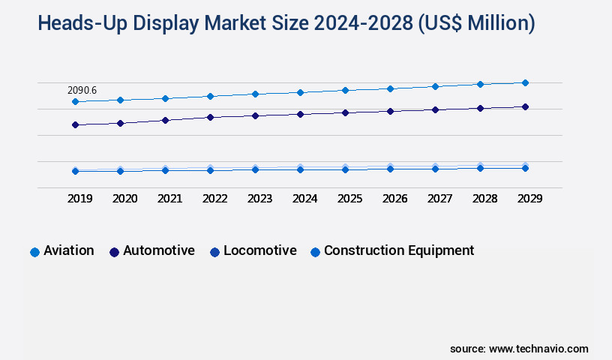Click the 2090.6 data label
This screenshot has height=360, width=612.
82,90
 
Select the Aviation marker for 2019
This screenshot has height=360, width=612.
75,101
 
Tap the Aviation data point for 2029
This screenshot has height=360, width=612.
525,82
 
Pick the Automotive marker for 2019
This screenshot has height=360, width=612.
75,124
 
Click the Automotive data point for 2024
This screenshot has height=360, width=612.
300,114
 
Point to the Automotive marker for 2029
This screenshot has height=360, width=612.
525,106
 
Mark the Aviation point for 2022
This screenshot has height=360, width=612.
210,96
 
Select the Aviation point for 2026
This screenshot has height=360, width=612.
390,88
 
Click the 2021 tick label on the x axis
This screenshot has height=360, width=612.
169,199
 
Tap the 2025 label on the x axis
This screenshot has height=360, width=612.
349,199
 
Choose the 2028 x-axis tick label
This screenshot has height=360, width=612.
484,199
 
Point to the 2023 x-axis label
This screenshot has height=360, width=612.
259,199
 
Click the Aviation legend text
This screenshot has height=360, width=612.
69,250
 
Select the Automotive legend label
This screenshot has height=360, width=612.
159,250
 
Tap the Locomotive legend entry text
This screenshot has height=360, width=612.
259,250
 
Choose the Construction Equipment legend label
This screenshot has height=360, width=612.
399,250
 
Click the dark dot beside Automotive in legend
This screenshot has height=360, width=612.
115,252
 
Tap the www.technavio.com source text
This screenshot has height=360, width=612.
538,349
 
